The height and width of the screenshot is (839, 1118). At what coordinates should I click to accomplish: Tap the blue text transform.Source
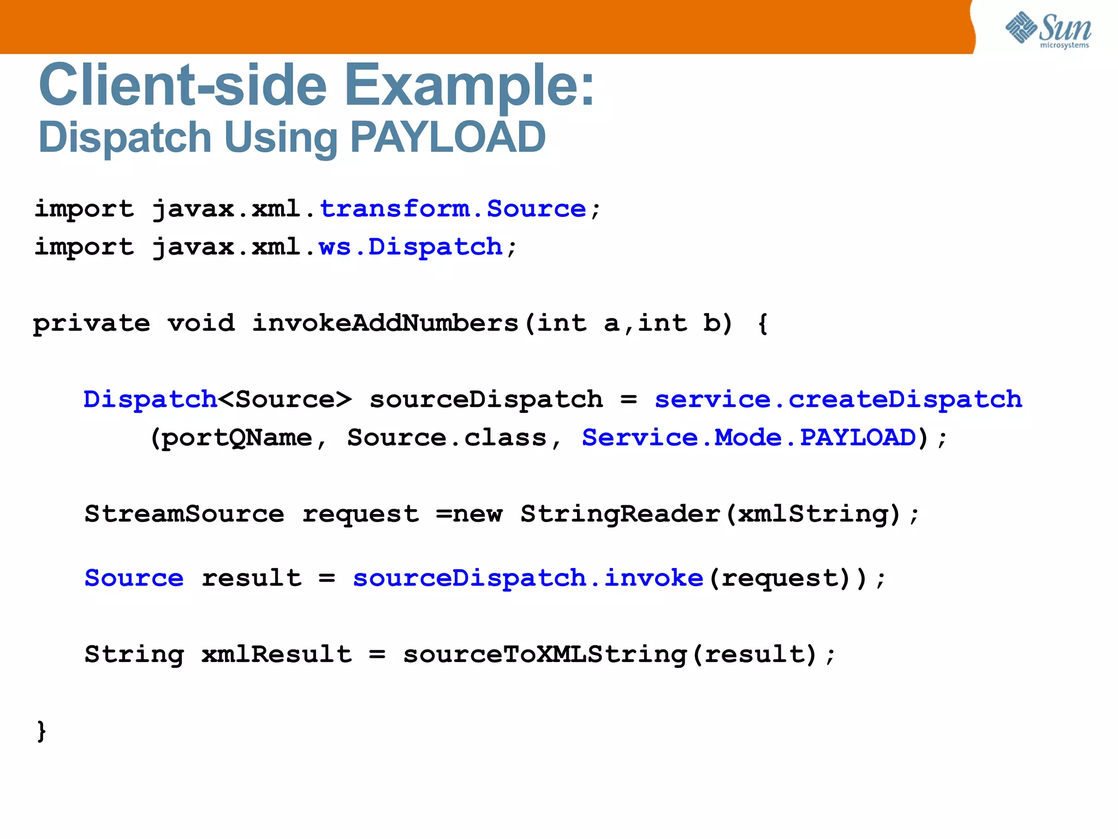[453, 209]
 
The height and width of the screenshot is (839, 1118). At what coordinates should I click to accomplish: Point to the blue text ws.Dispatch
[411, 247]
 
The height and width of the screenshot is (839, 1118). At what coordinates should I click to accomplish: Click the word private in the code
[91, 323]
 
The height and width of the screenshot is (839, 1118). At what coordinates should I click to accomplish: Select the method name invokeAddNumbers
[385, 323]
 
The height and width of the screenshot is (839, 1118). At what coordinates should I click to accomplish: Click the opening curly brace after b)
[763, 323]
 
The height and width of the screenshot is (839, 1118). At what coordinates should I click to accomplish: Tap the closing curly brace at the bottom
[41, 731]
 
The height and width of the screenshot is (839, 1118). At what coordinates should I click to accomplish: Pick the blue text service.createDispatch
[838, 399]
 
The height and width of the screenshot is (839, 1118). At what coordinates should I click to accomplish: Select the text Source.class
[447, 438]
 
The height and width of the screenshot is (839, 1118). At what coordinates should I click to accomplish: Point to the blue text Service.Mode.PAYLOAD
[748, 438]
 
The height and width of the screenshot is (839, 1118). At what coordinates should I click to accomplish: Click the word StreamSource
[184, 514]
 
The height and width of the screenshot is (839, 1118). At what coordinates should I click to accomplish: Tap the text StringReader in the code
[620, 514]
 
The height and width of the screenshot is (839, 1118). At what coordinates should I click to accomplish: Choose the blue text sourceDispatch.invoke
[528, 578]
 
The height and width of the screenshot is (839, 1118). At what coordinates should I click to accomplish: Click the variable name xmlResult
[276, 654]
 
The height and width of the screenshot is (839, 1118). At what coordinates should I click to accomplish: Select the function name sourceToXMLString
[544, 654]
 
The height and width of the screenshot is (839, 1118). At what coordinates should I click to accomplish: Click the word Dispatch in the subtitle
[125, 137]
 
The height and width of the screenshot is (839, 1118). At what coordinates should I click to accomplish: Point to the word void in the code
[201, 323]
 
